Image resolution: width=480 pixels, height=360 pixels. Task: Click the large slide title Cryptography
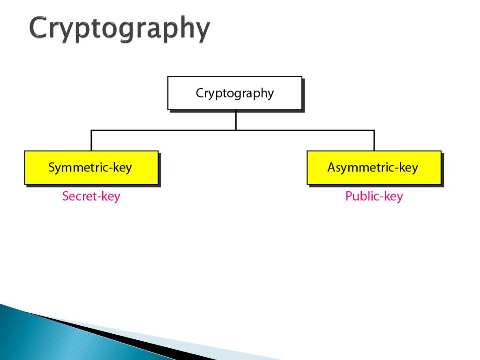[119, 29]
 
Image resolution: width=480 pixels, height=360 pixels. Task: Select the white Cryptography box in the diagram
[235, 93]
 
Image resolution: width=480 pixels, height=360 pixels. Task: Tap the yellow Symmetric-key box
[91, 167]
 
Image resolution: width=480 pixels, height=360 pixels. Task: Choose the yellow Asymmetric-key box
[374, 167]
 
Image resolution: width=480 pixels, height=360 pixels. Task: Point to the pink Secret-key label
[91, 196]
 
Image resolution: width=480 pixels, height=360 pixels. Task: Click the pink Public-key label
[374, 196]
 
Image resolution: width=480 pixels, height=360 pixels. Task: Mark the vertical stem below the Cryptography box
[236, 120]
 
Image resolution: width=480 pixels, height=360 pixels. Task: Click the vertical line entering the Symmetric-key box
[91, 141]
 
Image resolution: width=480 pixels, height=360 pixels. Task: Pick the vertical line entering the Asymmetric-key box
[374, 141]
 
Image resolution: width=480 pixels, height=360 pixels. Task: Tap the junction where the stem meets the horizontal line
[236, 130]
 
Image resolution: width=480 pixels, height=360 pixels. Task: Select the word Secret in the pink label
[78, 196]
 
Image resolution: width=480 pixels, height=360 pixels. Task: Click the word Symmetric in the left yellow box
[78, 167]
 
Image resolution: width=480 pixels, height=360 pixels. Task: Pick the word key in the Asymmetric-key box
[408, 167]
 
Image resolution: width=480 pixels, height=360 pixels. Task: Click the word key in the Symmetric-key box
[122, 167]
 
